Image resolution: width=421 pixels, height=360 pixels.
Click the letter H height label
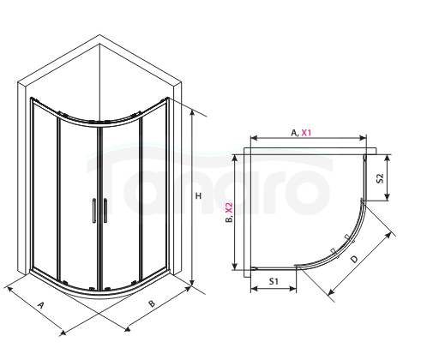[199, 196]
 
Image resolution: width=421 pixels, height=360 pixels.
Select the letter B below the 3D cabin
[151, 303]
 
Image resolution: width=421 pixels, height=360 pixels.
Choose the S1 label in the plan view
[273, 280]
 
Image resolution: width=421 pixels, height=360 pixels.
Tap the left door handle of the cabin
[92, 211]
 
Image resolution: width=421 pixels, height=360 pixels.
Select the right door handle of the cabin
[104, 211]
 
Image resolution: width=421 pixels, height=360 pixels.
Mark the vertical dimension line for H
[192, 201]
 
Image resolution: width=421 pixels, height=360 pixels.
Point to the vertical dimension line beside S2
[388, 177]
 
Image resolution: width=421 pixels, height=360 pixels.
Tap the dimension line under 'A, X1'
[308, 140]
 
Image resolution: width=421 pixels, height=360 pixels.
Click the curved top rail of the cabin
[103, 120]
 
